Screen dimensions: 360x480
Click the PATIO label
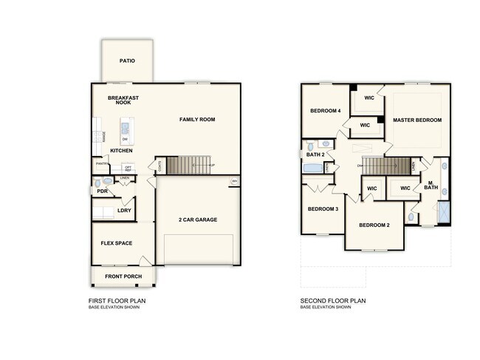click(x=127, y=61)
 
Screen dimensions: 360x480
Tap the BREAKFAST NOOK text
click(x=123, y=101)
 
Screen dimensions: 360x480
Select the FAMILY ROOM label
click(x=197, y=119)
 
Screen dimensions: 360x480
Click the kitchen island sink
click(x=124, y=127)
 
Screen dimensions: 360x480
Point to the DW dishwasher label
click(x=125, y=139)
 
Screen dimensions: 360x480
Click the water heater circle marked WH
click(x=235, y=181)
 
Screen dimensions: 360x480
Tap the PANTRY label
click(x=101, y=163)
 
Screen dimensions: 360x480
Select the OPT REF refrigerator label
click(x=127, y=169)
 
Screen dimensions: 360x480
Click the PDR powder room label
click(x=103, y=191)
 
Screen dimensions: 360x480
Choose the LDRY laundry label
click(x=124, y=211)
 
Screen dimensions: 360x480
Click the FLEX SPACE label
click(x=116, y=242)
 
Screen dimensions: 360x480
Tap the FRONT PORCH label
click(x=123, y=276)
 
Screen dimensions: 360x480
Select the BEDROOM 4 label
click(x=325, y=111)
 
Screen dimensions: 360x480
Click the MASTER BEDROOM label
click(x=416, y=120)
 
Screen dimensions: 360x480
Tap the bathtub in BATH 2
click(x=314, y=169)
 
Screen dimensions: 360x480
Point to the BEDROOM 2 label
click(x=374, y=224)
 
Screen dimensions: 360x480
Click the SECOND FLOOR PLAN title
click(x=332, y=301)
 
